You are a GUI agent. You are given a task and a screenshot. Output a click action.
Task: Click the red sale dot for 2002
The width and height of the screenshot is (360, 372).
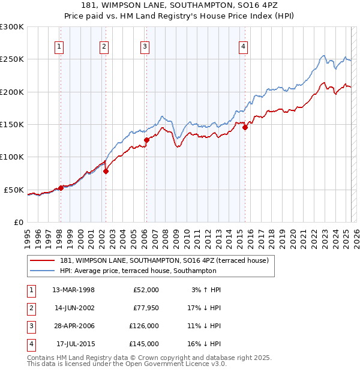[106, 171]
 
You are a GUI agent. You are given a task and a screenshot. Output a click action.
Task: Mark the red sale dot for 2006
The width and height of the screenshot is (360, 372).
[146, 140]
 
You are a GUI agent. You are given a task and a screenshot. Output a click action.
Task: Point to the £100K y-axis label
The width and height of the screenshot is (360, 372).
[12, 157]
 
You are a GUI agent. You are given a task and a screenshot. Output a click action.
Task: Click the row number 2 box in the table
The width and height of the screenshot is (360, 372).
[31, 308]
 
